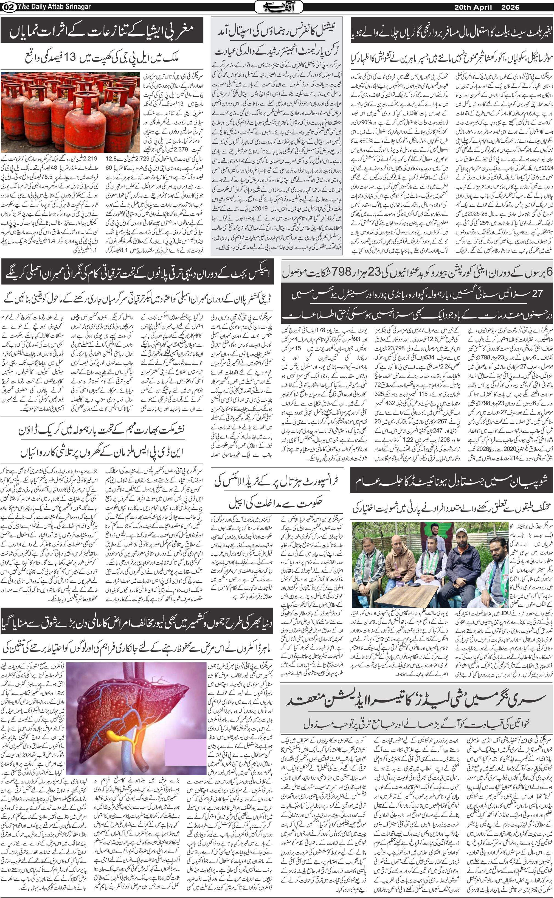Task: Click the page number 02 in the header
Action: pos(7,7)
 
